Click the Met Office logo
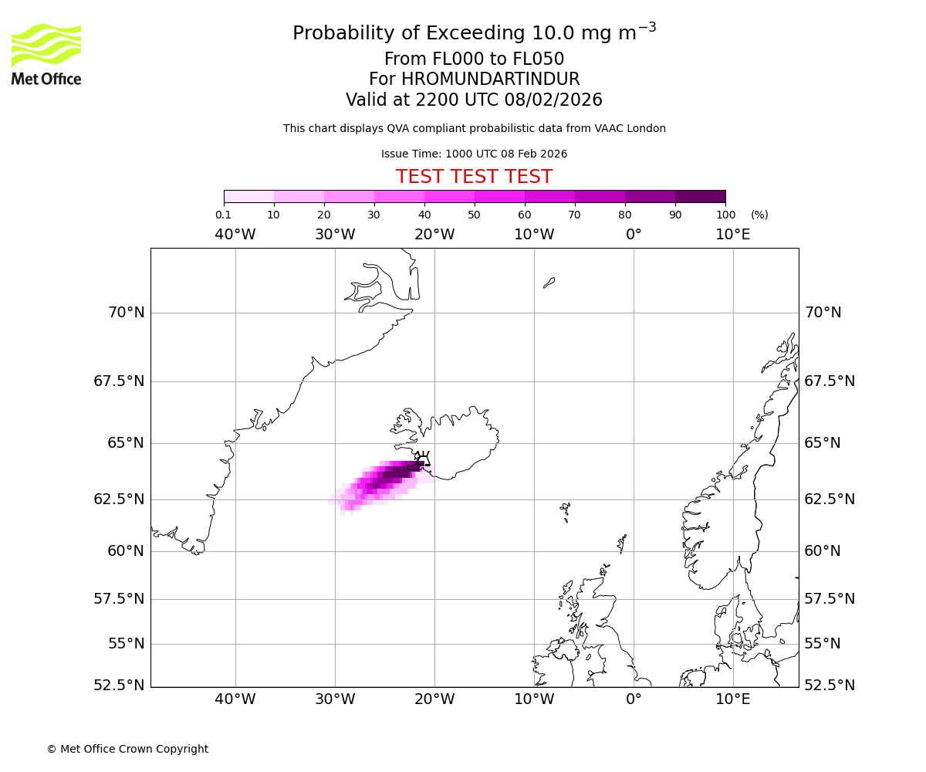(x=46, y=54)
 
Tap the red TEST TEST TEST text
(x=474, y=177)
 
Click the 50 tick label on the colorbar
(x=474, y=215)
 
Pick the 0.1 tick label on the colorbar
(x=224, y=215)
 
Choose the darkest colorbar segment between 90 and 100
(x=700, y=196)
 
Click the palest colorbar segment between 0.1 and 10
(x=248, y=196)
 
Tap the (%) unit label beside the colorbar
(x=759, y=215)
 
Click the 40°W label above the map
(x=235, y=235)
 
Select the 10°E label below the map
(x=732, y=700)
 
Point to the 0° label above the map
(x=634, y=235)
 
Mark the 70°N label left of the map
(x=125, y=313)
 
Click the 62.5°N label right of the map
(x=830, y=499)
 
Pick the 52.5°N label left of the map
(x=118, y=686)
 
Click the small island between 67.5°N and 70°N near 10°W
(x=549, y=283)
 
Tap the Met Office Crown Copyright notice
(x=127, y=750)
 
